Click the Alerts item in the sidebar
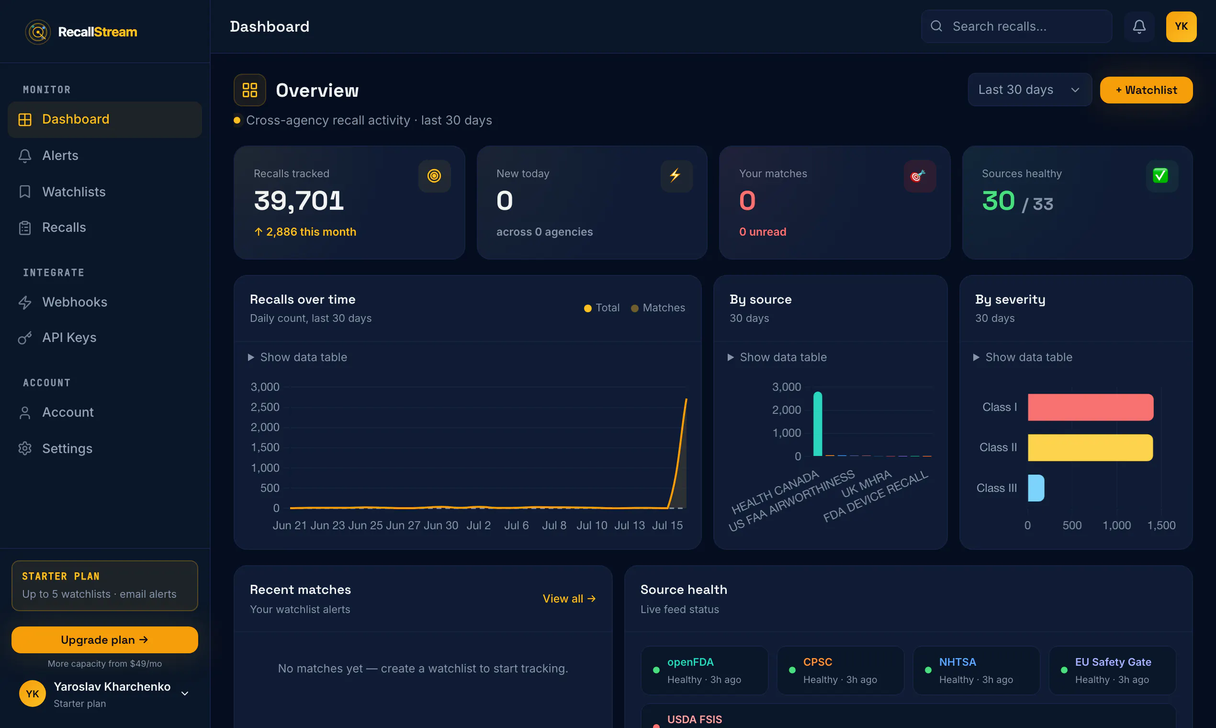60,156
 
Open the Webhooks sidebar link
75,302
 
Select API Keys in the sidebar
69,338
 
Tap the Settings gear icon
25,448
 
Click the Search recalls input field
1016,26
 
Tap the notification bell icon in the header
1139,26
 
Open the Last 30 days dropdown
1030,90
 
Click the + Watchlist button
1146,90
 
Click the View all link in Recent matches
569,599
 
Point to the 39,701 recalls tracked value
299,201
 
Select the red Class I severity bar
1091,407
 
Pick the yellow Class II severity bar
1091,447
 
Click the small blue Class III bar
1036,488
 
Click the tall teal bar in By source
817,424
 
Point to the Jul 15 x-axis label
667,525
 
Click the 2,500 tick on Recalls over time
265,407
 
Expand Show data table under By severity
1023,357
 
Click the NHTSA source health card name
957,662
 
